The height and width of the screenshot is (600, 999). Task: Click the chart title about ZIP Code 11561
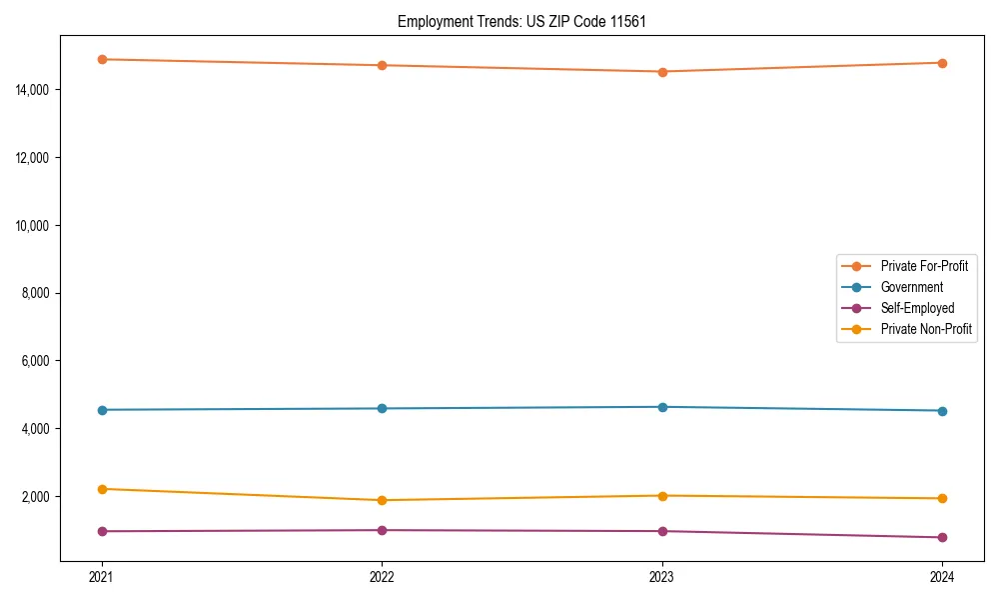click(x=521, y=21)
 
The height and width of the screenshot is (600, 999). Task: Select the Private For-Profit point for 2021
click(x=102, y=59)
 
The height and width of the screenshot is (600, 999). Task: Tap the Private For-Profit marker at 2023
click(x=662, y=72)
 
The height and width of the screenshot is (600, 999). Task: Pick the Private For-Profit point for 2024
click(x=942, y=63)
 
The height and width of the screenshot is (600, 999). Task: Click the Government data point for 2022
click(x=382, y=408)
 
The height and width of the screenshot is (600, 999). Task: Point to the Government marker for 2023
click(x=662, y=407)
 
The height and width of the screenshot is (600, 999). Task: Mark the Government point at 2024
click(x=942, y=411)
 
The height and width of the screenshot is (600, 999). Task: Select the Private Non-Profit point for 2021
click(x=102, y=489)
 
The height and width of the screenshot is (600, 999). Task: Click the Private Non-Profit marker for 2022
click(x=382, y=500)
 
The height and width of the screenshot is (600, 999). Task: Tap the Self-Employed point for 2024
click(x=942, y=537)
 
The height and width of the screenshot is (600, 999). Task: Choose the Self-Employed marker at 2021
click(x=102, y=531)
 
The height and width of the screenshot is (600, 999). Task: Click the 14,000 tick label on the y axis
click(x=33, y=90)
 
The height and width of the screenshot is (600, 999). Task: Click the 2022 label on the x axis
click(x=382, y=576)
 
